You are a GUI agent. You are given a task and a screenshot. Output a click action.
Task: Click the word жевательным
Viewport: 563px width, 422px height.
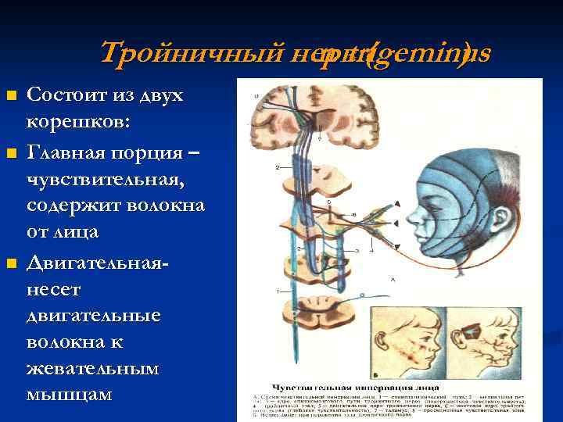click(x=93, y=370)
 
